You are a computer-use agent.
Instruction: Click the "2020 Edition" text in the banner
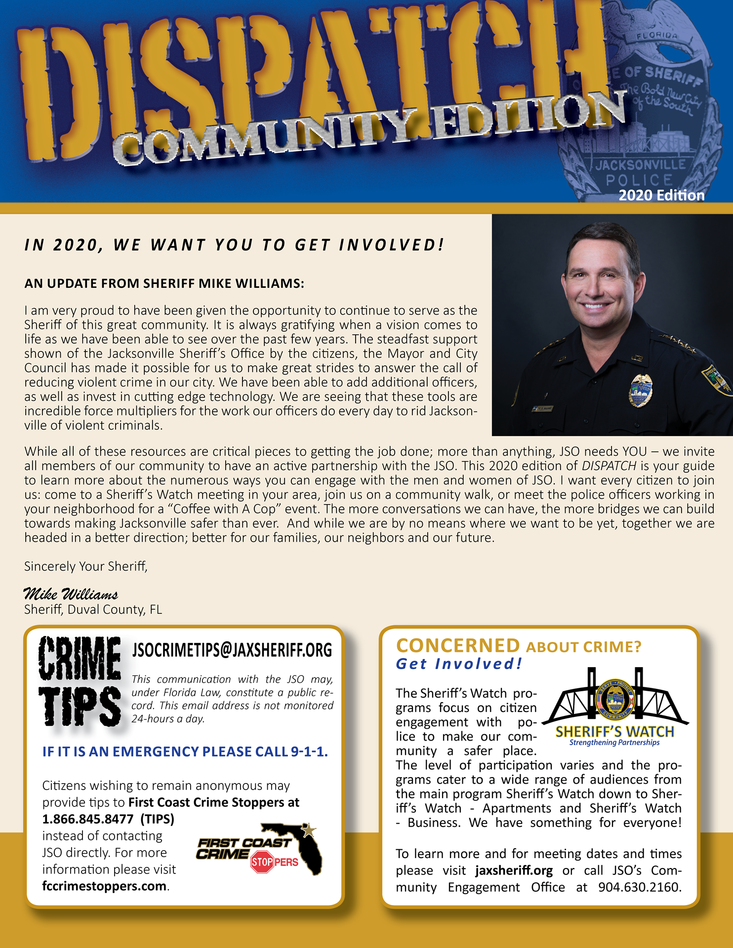click(661, 196)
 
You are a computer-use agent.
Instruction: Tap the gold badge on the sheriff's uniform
click(641, 391)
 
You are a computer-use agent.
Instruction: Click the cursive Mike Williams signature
click(71, 593)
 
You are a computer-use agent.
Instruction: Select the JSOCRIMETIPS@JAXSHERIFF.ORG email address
click(232, 650)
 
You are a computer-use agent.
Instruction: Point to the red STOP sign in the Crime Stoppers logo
click(262, 862)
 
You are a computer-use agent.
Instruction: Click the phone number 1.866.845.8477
click(88, 819)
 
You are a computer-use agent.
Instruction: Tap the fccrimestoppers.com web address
click(104, 886)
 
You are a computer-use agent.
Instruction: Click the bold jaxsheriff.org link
click(514, 870)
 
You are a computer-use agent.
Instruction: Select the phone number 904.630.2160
click(640, 887)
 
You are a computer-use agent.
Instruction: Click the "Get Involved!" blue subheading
click(459, 664)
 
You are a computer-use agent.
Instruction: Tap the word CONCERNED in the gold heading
click(458, 646)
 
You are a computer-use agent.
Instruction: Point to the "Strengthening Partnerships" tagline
click(614, 743)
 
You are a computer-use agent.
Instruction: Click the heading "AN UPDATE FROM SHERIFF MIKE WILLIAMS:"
click(164, 283)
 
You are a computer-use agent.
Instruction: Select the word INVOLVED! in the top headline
click(392, 245)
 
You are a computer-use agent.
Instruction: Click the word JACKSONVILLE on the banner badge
click(640, 164)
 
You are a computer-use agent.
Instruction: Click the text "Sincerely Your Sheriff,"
click(86, 566)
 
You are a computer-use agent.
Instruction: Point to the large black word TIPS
click(80, 708)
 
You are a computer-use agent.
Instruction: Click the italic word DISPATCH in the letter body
click(609, 466)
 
